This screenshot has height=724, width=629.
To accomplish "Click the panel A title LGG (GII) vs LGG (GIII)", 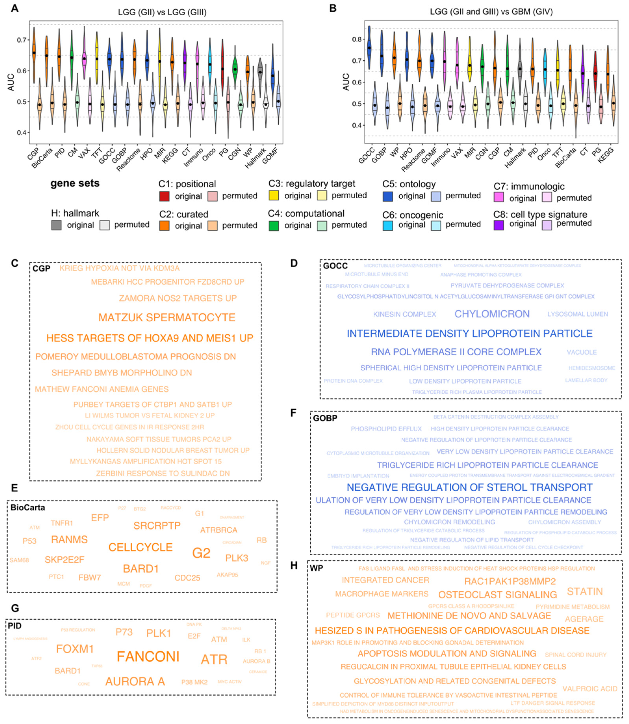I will pos(162,12).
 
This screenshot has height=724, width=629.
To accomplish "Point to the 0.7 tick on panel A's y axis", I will pos(22,40).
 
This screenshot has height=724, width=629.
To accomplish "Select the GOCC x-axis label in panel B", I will pos(367,155).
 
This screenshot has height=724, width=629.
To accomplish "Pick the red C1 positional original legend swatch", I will pos(164,196).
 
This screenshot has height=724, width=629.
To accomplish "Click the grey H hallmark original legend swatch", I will pos(56,225).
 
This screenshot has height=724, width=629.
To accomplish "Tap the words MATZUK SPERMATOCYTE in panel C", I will pos(167,317).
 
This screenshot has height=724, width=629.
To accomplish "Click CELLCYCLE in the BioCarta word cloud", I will pos(140,547).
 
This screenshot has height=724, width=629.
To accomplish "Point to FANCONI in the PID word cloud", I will pos(148,657).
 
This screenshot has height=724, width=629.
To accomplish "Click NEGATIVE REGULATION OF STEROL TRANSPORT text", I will pos(469,487).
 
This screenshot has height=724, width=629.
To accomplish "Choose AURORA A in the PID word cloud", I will pos(135,681).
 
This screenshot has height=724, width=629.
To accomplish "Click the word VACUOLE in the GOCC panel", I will pos(582,352).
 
